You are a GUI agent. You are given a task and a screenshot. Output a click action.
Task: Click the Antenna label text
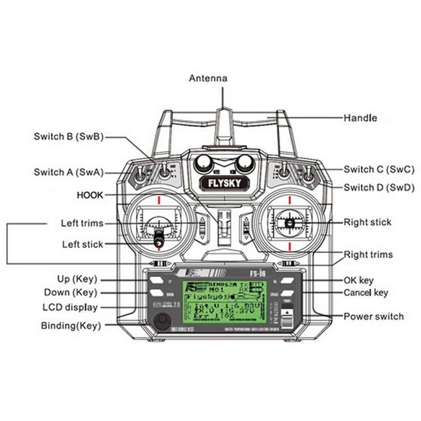point(208,78)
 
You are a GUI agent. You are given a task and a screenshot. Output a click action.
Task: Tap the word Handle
point(360,118)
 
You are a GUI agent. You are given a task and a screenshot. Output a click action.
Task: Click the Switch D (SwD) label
point(379,187)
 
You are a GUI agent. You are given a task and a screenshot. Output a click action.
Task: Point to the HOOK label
point(90,195)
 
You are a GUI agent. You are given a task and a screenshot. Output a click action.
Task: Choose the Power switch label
point(373,316)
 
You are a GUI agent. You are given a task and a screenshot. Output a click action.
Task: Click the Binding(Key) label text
point(71,326)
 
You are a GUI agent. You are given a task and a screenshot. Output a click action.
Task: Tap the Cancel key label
point(366,293)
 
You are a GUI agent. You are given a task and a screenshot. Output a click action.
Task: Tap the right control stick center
point(289,222)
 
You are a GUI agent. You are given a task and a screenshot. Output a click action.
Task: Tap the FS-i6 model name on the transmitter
point(257,273)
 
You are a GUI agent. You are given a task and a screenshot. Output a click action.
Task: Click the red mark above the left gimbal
point(159,199)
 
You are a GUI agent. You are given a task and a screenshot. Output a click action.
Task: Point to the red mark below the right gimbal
point(290,246)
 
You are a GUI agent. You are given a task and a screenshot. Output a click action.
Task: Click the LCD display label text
point(70,307)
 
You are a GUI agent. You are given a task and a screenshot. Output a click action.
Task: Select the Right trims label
point(368,254)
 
